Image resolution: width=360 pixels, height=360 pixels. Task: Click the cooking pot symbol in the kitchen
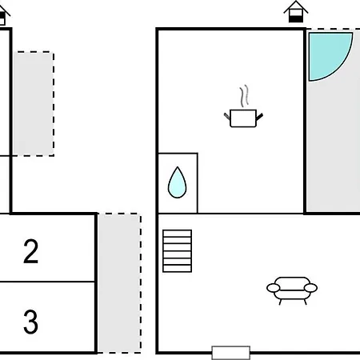click(243, 118)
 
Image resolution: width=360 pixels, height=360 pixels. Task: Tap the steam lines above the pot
click(244, 96)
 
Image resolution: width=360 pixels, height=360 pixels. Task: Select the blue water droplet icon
click(178, 182)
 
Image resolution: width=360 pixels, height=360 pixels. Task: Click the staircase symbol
click(178, 251)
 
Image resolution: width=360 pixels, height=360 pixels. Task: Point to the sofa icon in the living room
click(292, 290)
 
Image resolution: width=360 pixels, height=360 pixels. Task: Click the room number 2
click(31, 251)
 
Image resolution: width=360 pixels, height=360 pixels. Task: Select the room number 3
click(31, 322)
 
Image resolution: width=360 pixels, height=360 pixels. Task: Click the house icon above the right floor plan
click(296, 11)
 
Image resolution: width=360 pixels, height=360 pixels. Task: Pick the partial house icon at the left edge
click(4, 15)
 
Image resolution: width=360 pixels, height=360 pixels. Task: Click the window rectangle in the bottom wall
click(231, 353)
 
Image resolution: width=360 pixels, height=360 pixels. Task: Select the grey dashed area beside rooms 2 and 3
click(119, 283)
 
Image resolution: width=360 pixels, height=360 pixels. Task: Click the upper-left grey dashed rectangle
click(34, 104)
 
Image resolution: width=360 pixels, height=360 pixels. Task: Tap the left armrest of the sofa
click(274, 288)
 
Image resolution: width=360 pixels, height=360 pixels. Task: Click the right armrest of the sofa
click(310, 288)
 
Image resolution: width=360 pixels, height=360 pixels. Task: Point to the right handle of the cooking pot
click(260, 117)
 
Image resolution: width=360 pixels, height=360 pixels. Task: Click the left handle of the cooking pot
click(227, 116)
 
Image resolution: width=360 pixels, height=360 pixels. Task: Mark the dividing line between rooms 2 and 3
click(47, 282)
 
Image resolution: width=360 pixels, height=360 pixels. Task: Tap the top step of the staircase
click(178, 234)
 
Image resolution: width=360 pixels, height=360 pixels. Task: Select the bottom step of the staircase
click(178, 269)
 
